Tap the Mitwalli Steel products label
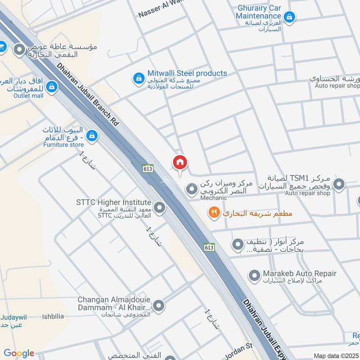pos(187,73)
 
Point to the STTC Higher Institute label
pos(113,202)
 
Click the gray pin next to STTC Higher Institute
pos(159,207)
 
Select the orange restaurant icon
pos(214,212)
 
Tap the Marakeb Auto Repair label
pos(300,274)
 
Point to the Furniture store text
pos(63,145)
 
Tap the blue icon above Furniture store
pos(92,135)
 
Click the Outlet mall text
pos(28,95)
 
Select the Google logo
pos(19,353)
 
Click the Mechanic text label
pos(214,197)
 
